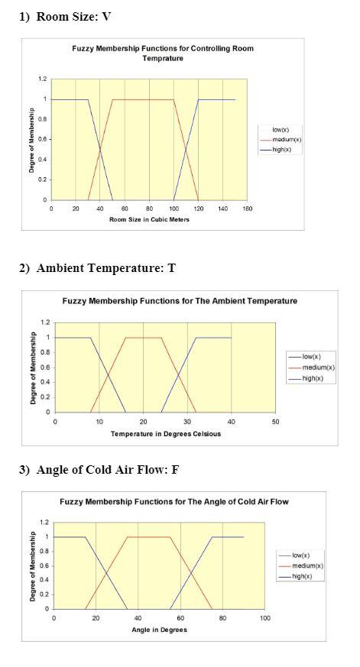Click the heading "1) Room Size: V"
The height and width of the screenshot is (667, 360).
(67, 16)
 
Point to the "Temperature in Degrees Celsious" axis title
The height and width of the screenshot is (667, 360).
(165, 434)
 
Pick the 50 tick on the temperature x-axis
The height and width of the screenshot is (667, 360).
(275, 421)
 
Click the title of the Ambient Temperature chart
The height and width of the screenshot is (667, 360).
(180, 301)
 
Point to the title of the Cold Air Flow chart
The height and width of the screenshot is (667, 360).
(174, 501)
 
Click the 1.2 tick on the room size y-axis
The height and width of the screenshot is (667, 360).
(43, 79)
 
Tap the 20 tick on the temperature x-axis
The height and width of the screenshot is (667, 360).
(143, 421)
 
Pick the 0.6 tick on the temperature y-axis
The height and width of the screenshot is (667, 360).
(45, 367)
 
